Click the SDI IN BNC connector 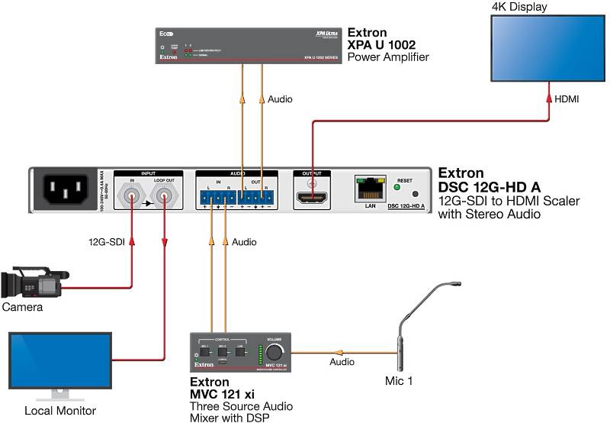[x=133, y=200]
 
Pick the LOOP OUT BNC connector [x=164, y=200]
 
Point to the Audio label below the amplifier [x=280, y=99]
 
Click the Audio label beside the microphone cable [x=342, y=363]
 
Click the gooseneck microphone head [x=456, y=283]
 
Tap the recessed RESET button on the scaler [x=415, y=195]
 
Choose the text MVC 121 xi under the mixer [x=221, y=394]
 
